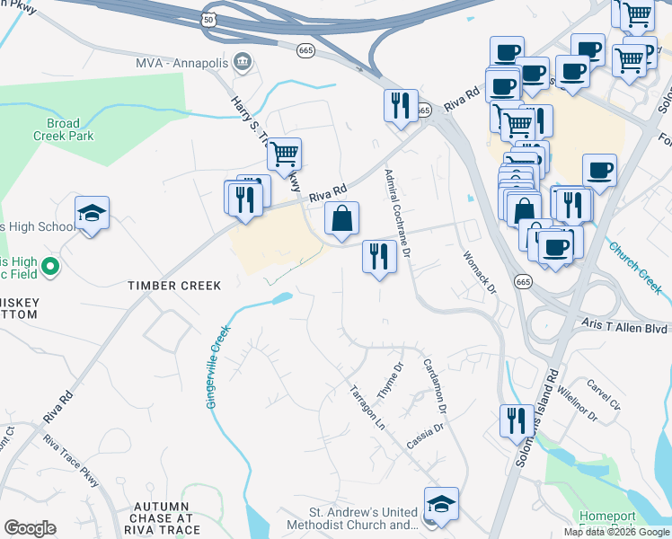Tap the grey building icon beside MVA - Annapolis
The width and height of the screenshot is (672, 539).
pos(242,62)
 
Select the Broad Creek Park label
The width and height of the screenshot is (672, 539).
pos(69,129)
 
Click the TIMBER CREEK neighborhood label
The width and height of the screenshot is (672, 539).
pos(173,286)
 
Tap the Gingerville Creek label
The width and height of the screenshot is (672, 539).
pos(218,367)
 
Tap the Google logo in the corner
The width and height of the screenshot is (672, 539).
pos(30,528)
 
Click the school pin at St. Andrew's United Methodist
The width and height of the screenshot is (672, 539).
pos(441,504)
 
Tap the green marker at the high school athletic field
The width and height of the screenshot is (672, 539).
pos(51,266)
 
